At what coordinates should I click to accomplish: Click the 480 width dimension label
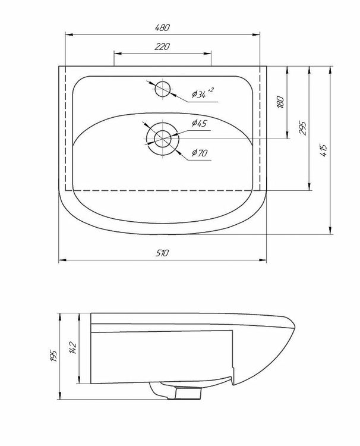pyautogui.click(x=162, y=27)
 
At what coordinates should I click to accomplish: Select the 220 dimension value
pyautogui.click(x=162, y=46)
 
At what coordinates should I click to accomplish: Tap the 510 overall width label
pyautogui.click(x=162, y=253)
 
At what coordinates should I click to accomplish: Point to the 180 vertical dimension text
pyautogui.click(x=280, y=102)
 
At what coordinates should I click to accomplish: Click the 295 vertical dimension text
pyautogui.click(x=302, y=128)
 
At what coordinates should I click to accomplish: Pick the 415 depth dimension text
pyautogui.click(x=324, y=150)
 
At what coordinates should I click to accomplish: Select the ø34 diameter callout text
pyautogui.click(x=199, y=94)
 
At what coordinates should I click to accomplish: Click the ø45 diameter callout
pyautogui.click(x=200, y=124)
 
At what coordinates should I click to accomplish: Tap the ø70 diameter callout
pyautogui.click(x=200, y=153)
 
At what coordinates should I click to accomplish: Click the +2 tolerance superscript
pyautogui.click(x=210, y=90)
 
